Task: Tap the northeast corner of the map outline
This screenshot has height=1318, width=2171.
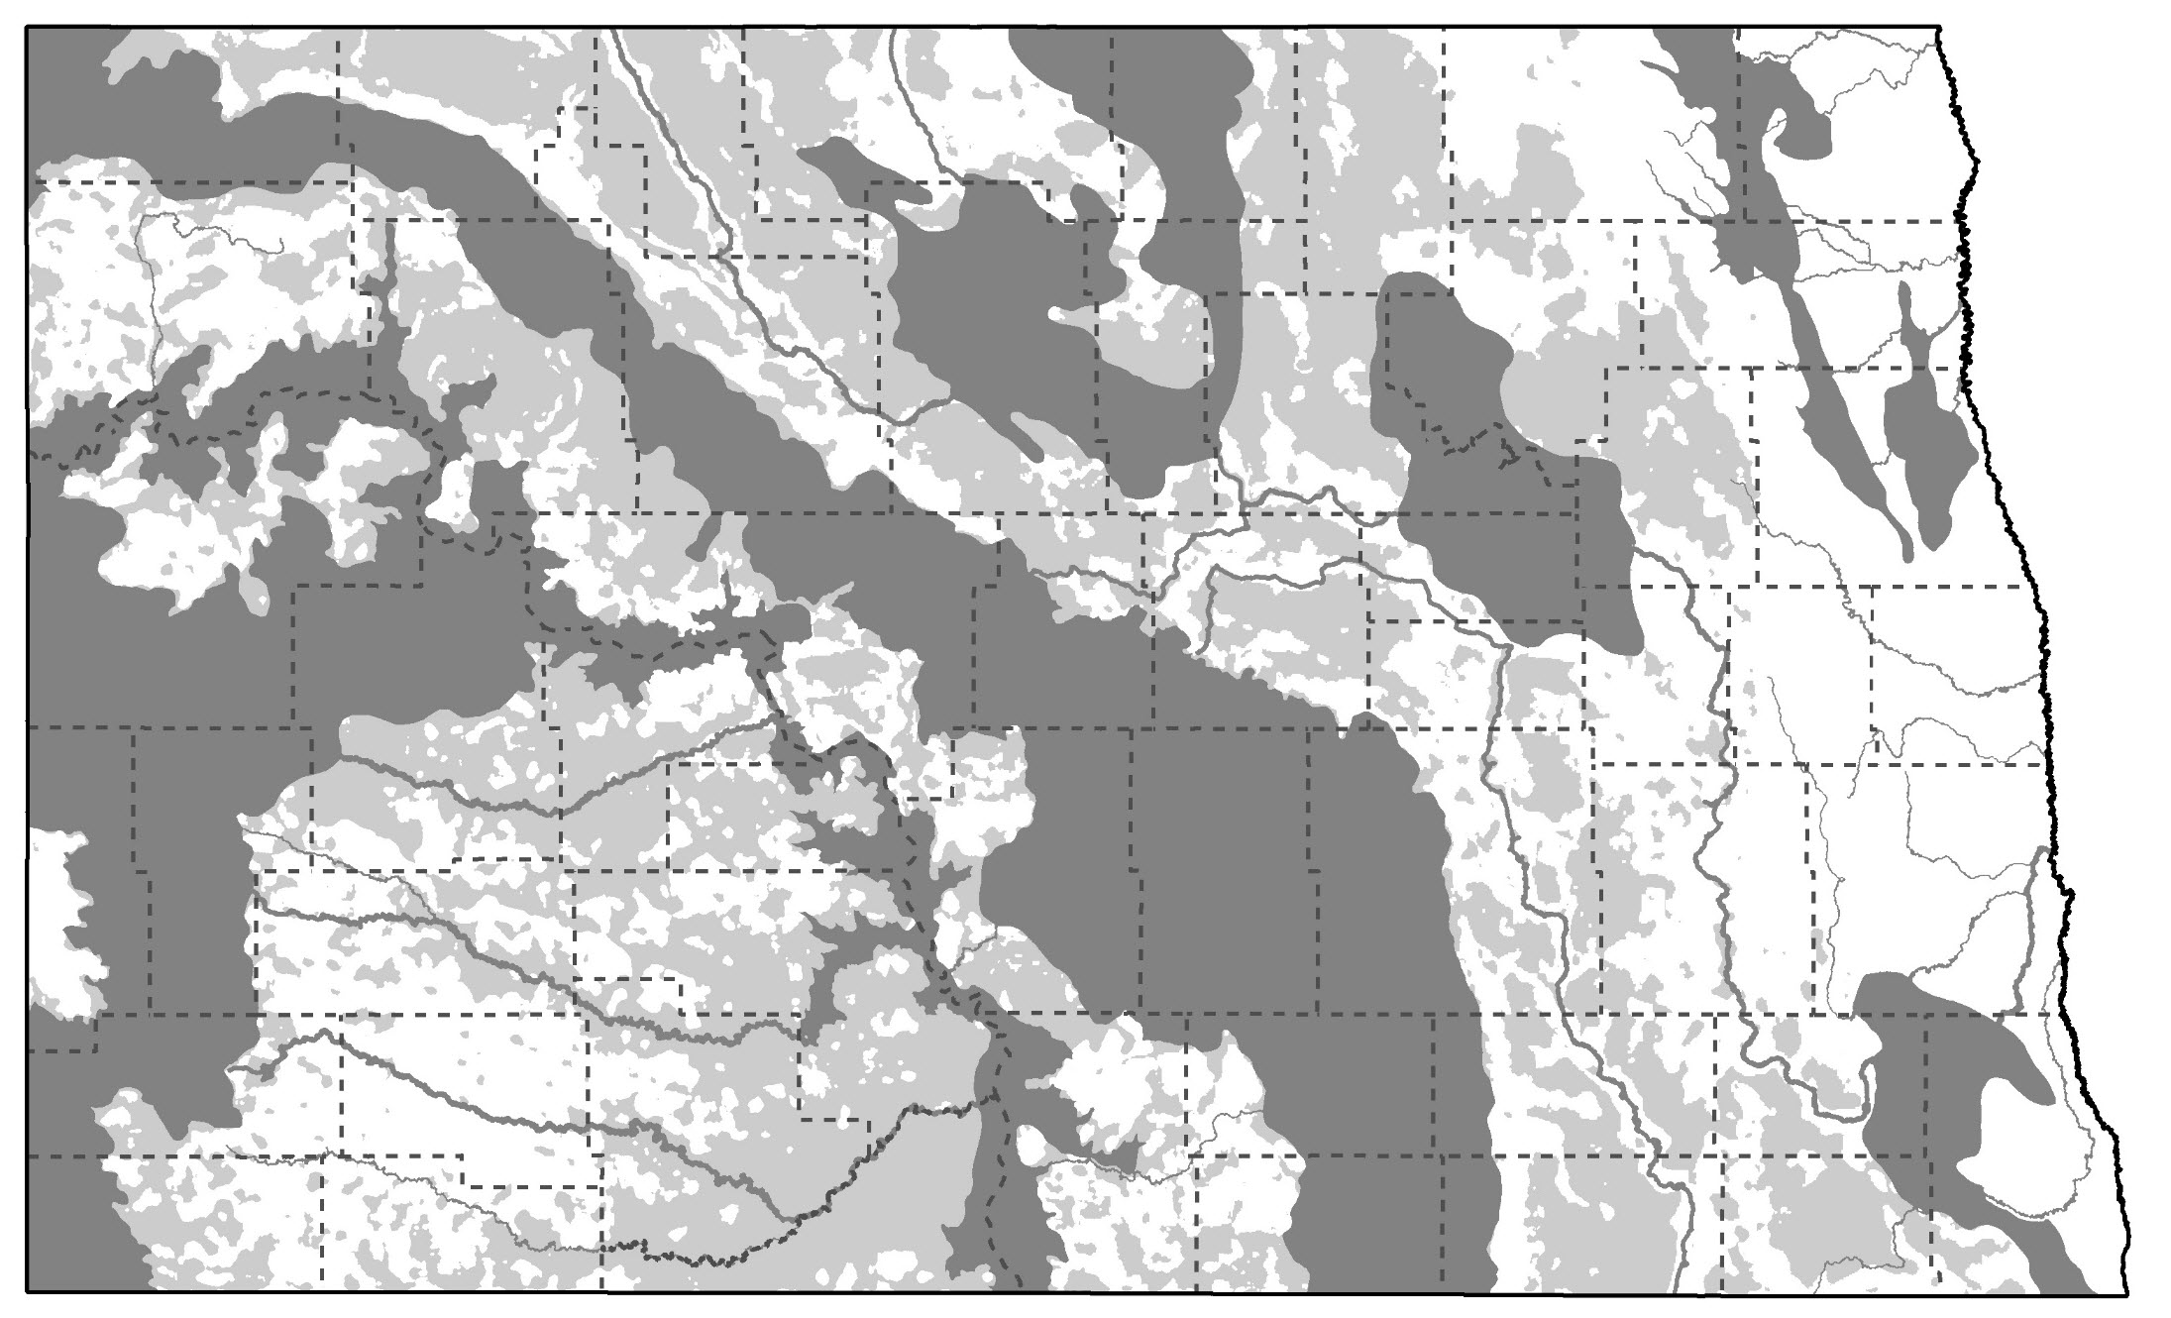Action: pos(1939,28)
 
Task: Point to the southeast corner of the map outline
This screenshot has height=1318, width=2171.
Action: pos(2127,1292)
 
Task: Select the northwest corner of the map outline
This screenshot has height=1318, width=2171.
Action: pos(27,28)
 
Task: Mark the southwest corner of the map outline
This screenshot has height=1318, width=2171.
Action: pos(27,1292)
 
